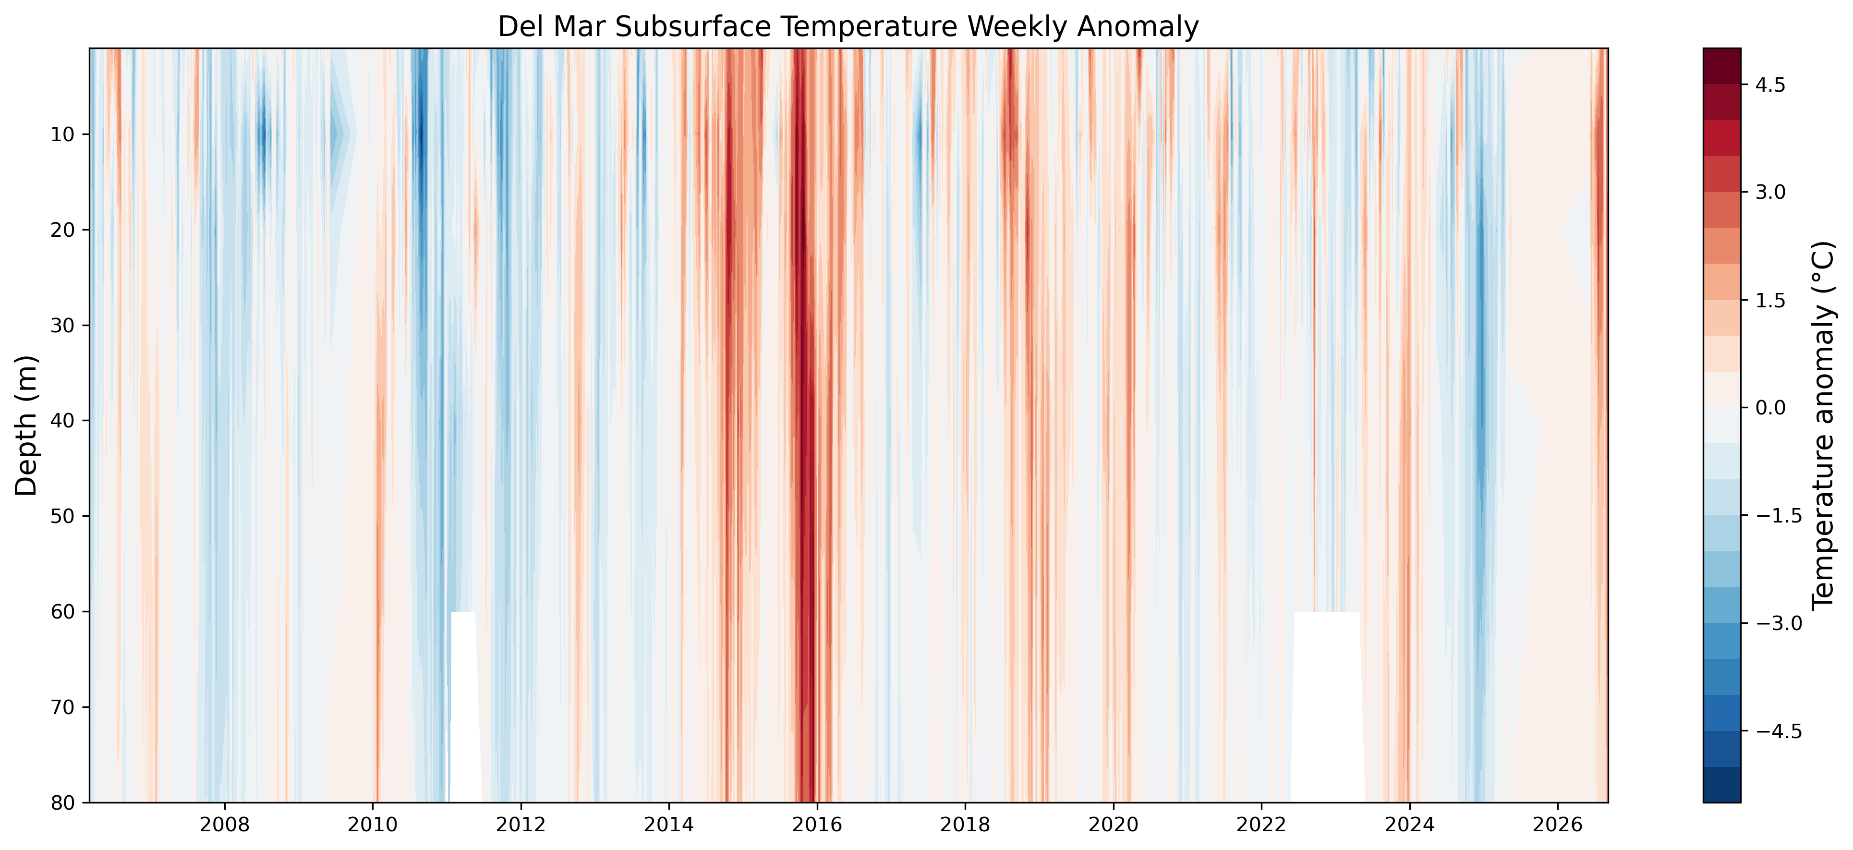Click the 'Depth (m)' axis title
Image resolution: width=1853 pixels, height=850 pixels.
(x=26, y=425)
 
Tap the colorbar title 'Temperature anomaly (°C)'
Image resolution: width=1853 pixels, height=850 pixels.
(x=1823, y=425)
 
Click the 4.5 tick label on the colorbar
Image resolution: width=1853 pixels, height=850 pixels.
(x=1769, y=85)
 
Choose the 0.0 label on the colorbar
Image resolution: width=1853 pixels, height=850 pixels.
(x=1769, y=408)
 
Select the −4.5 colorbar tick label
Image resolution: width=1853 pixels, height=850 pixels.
(x=1779, y=731)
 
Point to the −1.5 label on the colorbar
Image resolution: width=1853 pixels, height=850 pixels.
(x=1779, y=516)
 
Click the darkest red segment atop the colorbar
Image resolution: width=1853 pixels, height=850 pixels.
(x=1722, y=66)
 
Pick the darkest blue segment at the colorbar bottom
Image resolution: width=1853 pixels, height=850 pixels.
(x=1722, y=785)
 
